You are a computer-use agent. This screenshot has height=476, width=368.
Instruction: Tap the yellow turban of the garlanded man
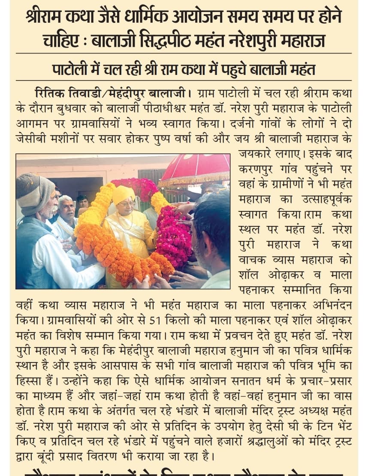tap(123, 195)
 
